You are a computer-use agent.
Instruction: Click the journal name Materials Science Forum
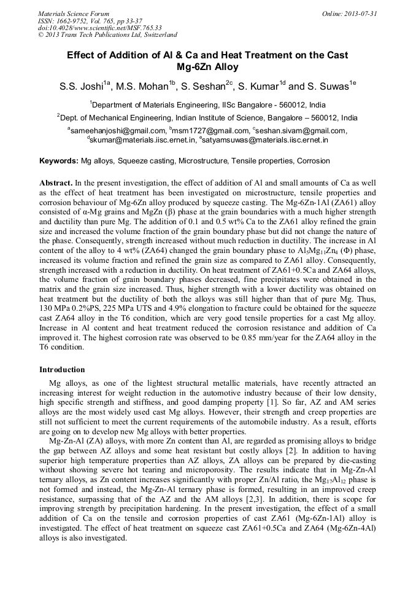point(74,14)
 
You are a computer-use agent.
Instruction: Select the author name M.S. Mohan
point(145,87)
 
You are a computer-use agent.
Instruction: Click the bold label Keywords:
point(59,162)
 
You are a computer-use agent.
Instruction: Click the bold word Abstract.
point(56,184)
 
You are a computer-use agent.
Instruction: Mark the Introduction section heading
point(62,370)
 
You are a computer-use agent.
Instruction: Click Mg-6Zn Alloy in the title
point(207,67)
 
